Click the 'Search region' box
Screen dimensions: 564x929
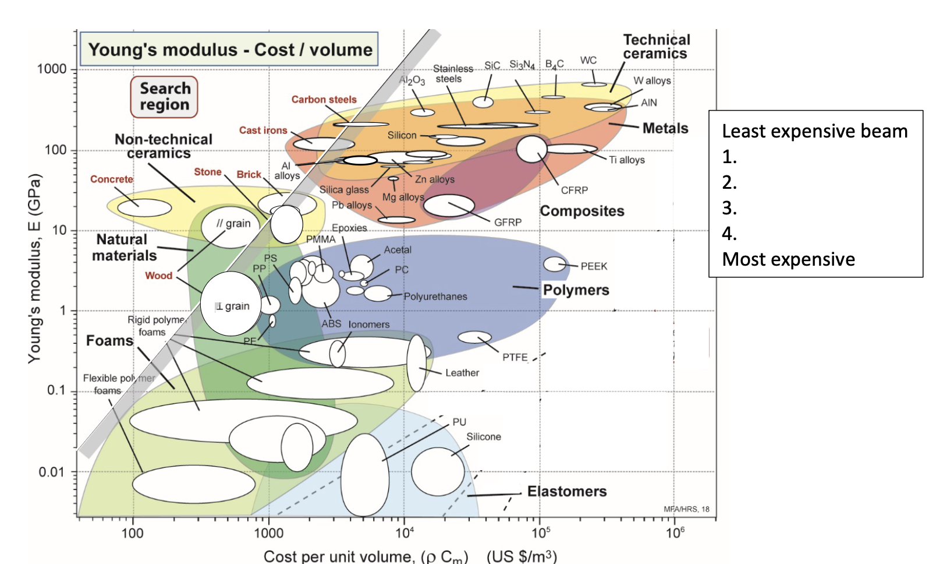164,97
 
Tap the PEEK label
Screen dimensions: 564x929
594,266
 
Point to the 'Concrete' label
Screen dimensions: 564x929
112,179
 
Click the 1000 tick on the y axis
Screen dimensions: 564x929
52,69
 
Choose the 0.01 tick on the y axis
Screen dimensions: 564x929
52,472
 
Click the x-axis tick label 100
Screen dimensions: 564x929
133,533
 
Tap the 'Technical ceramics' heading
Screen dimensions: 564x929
656,47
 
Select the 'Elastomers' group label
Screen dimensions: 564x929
567,492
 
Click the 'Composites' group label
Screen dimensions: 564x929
582,211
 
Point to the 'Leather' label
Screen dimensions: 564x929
462,373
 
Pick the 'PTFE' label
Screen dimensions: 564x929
515,357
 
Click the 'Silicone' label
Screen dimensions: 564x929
484,437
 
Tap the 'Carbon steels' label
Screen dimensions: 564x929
324,100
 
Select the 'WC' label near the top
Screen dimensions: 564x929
588,61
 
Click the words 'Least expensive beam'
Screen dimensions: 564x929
814,132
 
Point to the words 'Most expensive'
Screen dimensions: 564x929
788,259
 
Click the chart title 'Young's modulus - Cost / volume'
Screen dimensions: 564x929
230,50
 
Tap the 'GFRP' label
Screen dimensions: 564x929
508,222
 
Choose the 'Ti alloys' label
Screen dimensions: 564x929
627,160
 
